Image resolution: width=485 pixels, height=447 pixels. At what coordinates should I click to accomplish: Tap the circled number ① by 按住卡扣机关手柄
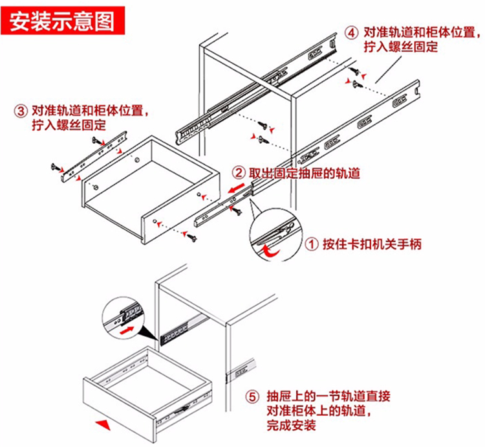tap(312, 244)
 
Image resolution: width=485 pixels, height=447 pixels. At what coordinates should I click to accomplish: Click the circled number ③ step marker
tap(21, 109)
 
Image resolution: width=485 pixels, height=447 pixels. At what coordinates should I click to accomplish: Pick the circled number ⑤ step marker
tap(253, 396)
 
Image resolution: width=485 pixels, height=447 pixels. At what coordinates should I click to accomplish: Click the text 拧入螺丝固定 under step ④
tap(401, 47)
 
